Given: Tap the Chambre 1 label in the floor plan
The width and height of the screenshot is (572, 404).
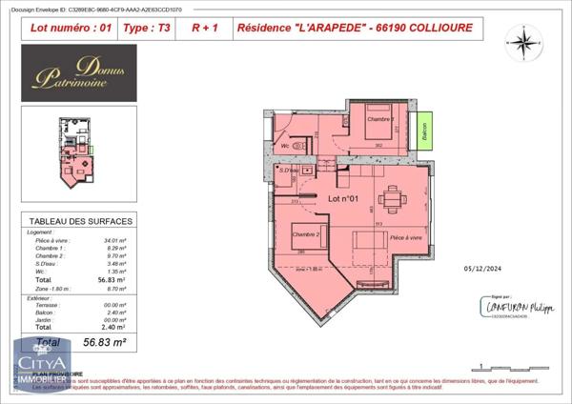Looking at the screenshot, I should pyautogui.click(x=381, y=119).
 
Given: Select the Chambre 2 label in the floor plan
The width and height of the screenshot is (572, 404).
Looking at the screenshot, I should pyautogui.click(x=305, y=234).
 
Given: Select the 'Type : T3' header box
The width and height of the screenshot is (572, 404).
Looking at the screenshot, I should pyautogui.click(x=148, y=29).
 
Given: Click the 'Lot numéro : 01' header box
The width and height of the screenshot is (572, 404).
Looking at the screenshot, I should pyautogui.click(x=71, y=29).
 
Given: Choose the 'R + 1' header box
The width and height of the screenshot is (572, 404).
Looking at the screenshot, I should pyautogui.click(x=204, y=29).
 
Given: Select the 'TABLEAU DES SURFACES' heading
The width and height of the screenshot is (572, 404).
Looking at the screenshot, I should pyautogui.click(x=81, y=221).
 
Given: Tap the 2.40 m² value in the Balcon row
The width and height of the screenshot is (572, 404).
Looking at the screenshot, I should pyautogui.click(x=116, y=312).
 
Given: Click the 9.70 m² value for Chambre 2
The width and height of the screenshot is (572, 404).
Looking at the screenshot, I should pyautogui.click(x=116, y=255).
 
